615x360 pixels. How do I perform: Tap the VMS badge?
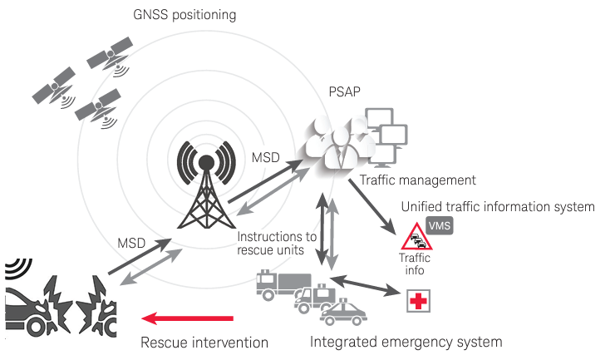(x=440, y=224)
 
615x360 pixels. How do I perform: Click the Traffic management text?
(x=417, y=180)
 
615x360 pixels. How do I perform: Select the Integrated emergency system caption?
(x=406, y=342)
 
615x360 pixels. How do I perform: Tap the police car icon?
(x=345, y=315)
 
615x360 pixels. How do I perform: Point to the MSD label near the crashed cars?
(x=133, y=243)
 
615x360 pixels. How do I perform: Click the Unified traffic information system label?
(x=498, y=205)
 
